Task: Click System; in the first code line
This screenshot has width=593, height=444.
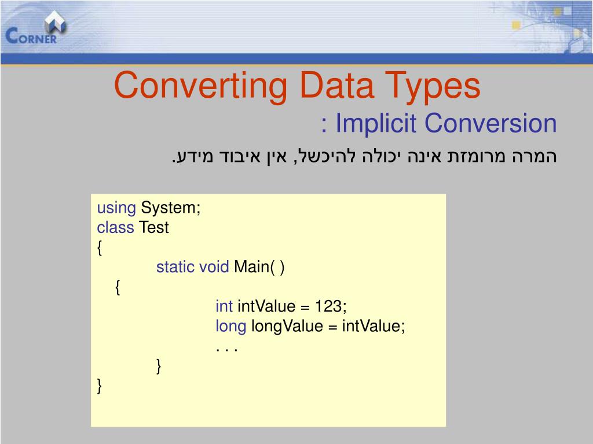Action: [x=171, y=208]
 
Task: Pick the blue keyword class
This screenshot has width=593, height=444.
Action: [x=115, y=228]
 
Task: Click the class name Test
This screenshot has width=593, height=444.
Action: [x=153, y=228]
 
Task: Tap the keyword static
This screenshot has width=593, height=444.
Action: [x=175, y=267]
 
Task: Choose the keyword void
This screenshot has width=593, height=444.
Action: [x=214, y=267]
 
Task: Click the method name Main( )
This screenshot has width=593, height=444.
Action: [x=259, y=267]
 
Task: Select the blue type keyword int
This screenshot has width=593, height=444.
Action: [x=224, y=306]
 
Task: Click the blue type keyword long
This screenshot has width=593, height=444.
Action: [x=230, y=326]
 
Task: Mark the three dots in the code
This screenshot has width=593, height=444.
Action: [x=227, y=347]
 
